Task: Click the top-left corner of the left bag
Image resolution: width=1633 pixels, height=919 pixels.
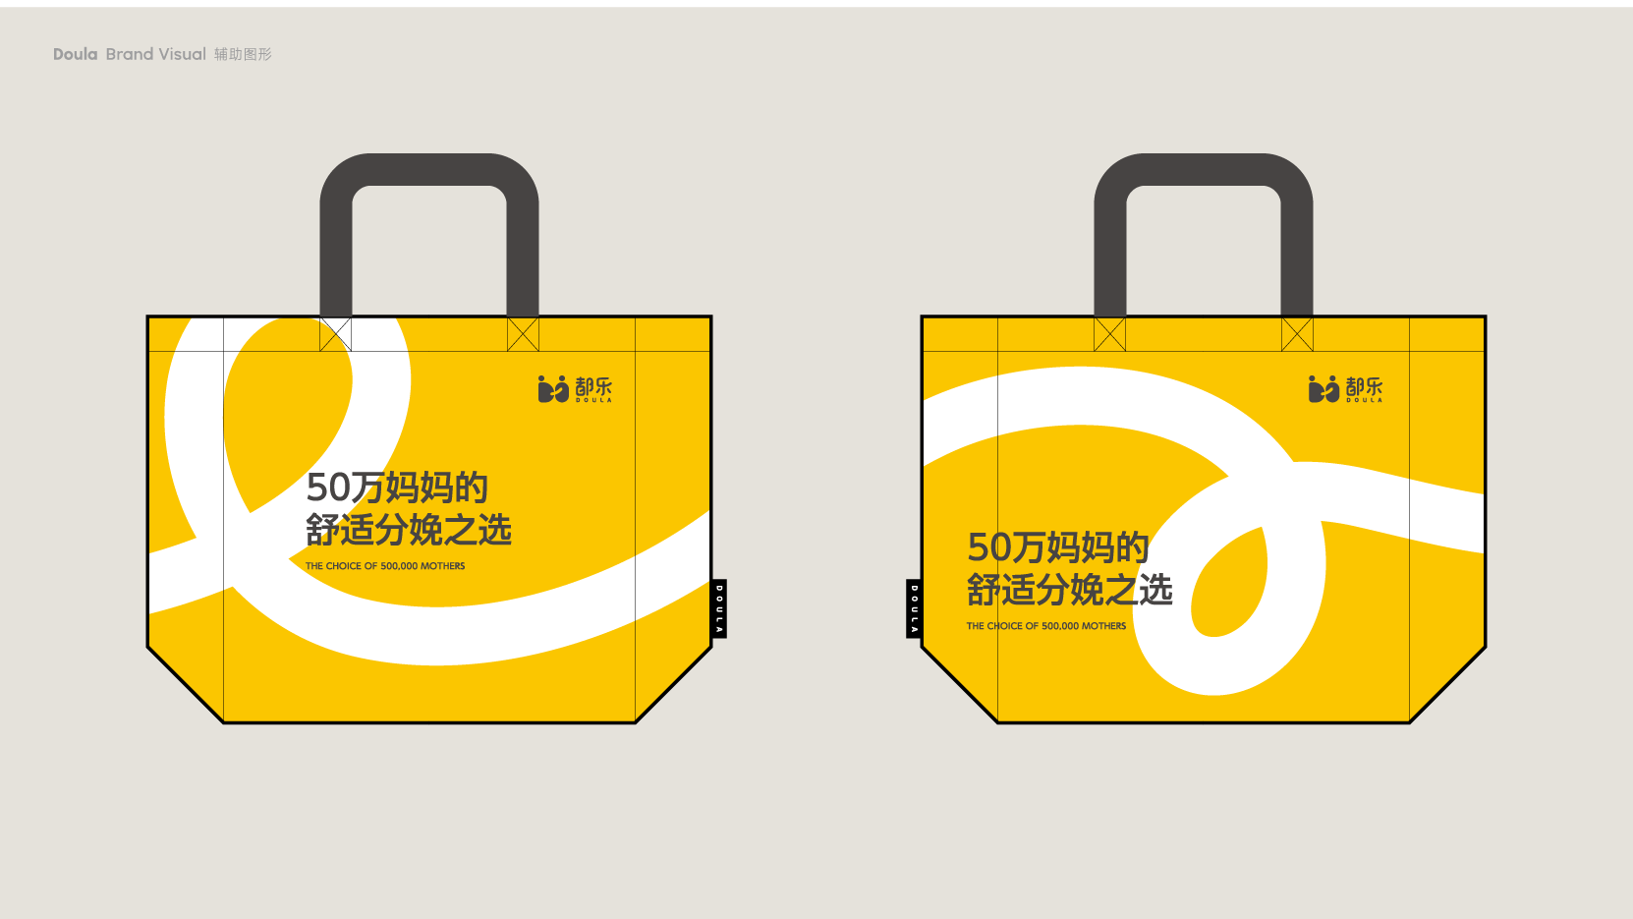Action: tap(147, 316)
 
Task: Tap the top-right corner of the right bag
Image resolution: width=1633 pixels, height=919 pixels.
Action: tap(1485, 316)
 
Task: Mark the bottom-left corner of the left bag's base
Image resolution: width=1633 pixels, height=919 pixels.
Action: tap(223, 722)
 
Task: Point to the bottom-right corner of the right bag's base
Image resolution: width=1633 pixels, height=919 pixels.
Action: tap(1409, 722)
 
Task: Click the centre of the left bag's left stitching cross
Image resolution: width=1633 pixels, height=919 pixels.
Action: tap(335, 334)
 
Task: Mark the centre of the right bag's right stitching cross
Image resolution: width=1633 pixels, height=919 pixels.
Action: tap(1297, 334)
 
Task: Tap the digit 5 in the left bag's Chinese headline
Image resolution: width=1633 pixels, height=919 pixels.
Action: tap(317, 488)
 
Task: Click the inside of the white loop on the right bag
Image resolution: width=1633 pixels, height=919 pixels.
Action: tap(1229, 584)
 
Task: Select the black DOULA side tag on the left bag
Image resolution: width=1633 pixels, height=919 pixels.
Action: tap(719, 609)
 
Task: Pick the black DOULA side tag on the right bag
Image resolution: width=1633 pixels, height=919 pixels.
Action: tap(914, 609)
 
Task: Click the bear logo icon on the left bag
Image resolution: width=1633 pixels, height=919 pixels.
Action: tap(552, 389)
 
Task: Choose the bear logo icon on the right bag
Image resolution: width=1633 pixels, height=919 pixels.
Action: tap(1323, 389)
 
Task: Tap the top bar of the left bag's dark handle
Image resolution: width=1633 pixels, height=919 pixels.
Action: tap(429, 169)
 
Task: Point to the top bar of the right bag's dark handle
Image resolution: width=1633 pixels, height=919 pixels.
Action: tap(1204, 169)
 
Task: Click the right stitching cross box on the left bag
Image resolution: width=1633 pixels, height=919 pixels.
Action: tap(523, 334)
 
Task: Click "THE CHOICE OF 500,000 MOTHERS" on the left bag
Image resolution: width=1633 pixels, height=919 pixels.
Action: tap(385, 566)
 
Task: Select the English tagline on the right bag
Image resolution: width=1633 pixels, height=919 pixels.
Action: tap(1046, 626)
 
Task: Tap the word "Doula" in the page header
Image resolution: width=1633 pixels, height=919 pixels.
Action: tap(75, 54)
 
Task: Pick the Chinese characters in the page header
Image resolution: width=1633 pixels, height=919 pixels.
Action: tap(243, 54)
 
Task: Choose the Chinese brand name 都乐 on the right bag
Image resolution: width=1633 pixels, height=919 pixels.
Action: tap(1364, 386)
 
